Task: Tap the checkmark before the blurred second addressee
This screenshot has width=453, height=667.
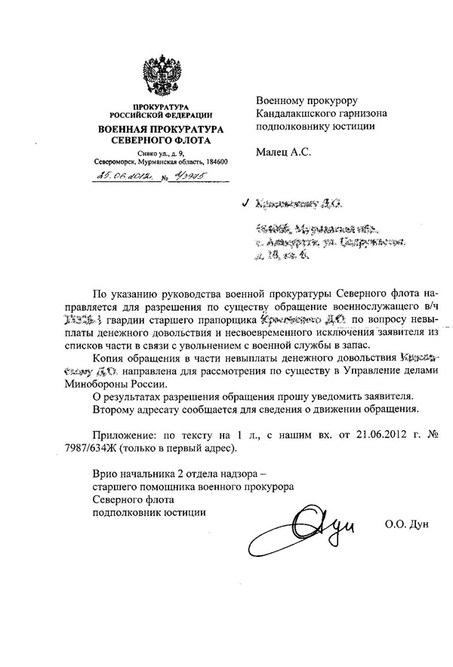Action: point(242,204)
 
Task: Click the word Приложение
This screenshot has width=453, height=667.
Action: point(125,437)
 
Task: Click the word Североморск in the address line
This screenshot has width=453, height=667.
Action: point(111,162)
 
